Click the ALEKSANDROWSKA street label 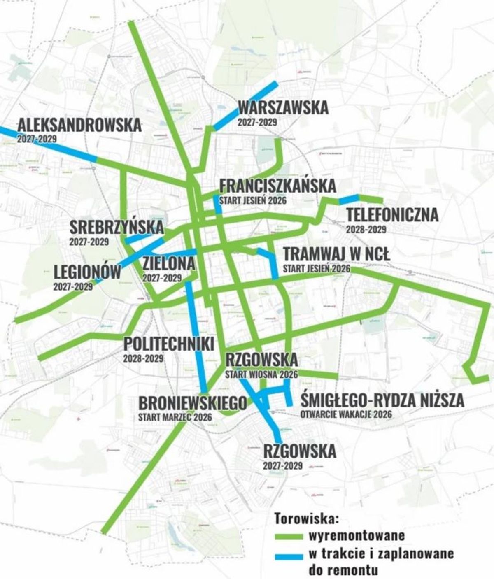tap(79, 125)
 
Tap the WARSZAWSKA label tap(283, 108)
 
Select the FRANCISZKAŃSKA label tap(277, 186)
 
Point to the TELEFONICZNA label tap(392, 215)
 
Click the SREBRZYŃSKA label tap(117, 227)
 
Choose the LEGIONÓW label tap(88, 272)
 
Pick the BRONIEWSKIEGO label tap(193, 403)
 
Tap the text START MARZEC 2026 tap(175, 417)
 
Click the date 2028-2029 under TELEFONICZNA tap(366, 229)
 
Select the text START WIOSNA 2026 tap(261, 375)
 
